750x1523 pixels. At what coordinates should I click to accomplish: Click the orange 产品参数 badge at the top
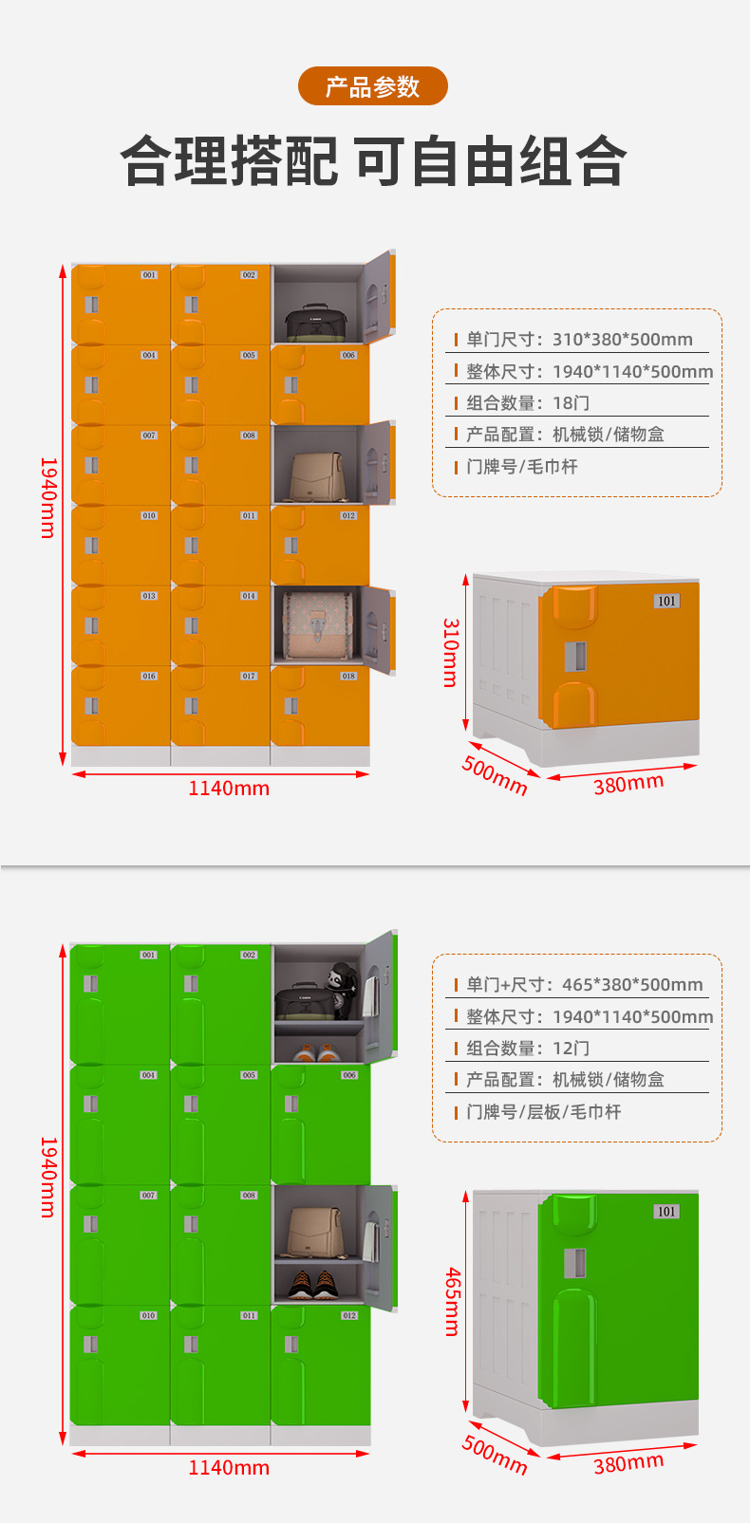[x=372, y=86]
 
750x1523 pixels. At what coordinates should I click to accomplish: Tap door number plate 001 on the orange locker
[x=149, y=275]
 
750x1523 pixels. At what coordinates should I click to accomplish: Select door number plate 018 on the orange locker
[x=348, y=677]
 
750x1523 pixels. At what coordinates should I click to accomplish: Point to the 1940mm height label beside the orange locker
[x=48, y=497]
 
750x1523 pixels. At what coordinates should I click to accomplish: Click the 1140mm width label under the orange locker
[x=229, y=789]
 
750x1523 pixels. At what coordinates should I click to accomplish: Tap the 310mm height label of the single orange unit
[x=451, y=652]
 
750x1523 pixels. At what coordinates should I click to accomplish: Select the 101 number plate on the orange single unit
[x=667, y=601]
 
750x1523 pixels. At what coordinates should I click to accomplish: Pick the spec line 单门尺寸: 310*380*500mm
[x=579, y=340]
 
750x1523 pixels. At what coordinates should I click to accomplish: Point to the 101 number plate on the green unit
[x=667, y=1212]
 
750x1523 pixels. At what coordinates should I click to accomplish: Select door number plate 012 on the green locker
[x=349, y=1315]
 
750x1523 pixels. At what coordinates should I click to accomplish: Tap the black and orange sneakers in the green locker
[x=314, y=1283]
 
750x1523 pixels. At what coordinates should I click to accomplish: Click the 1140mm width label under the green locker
[x=229, y=1468]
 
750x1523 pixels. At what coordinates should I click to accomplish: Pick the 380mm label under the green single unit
[x=628, y=1463]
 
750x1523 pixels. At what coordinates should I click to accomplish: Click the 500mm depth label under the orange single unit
[x=495, y=774]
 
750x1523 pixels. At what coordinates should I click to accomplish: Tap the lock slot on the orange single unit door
[x=575, y=656]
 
